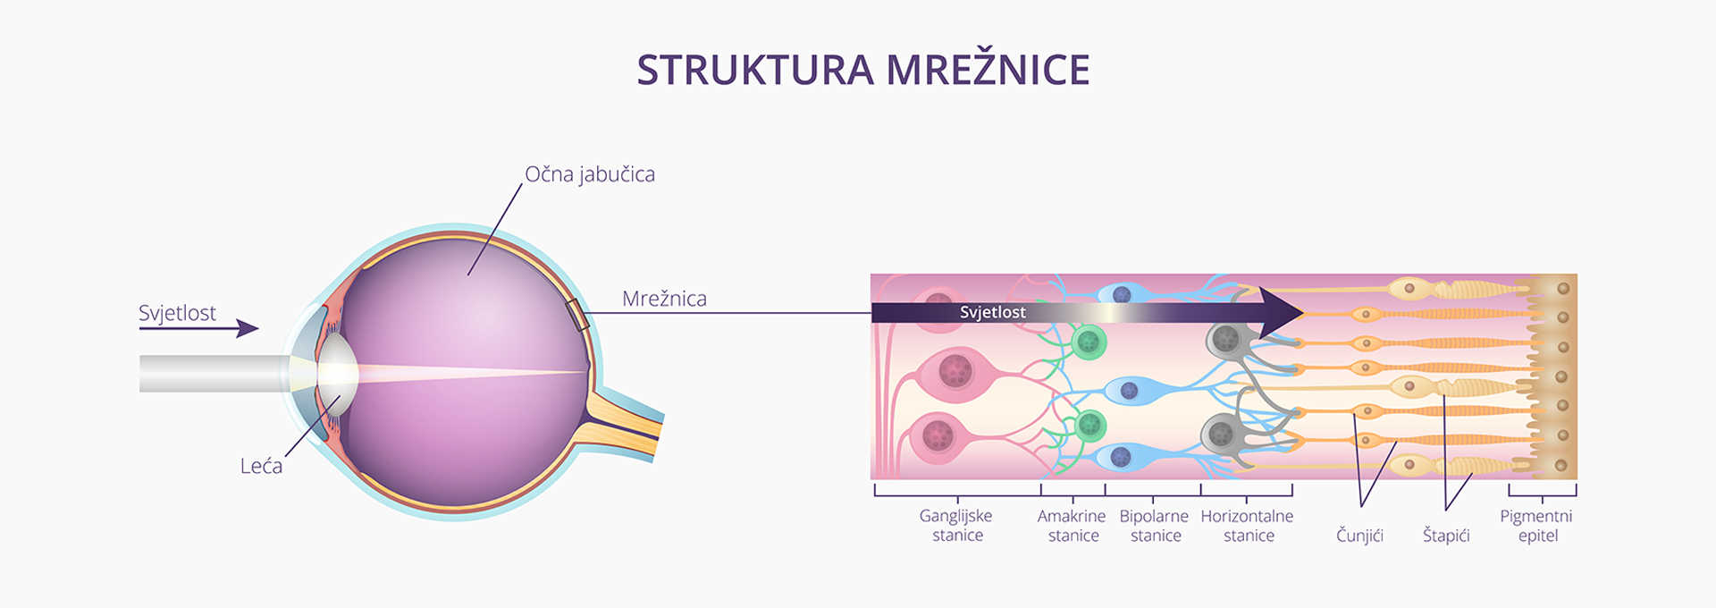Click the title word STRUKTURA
pyautogui.click(x=754, y=70)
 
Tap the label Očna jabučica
pyautogui.click(x=590, y=173)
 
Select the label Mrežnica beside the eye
pyautogui.click(x=664, y=299)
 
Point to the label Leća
pyautogui.click(x=261, y=466)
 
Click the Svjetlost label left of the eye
pyautogui.click(x=177, y=313)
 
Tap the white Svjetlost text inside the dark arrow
pyautogui.click(x=992, y=312)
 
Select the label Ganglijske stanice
pyautogui.click(x=956, y=526)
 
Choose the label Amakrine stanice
pyautogui.click(x=1072, y=526)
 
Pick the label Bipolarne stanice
pyautogui.click(x=1154, y=526)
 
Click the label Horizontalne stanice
pyautogui.click(x=1247, y=526)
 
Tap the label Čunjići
pyautogui.click(x=1359, y=536)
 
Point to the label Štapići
pyautogui.click(x=1445, y=536)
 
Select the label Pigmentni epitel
pyautogui.click(x=1536, y=526)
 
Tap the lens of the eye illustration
pyautogui.click(x=338, y=372)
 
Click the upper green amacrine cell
pyautogui.click(x=1089, y=342)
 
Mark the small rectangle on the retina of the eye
pyautogui.click(x=577, y=316)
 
